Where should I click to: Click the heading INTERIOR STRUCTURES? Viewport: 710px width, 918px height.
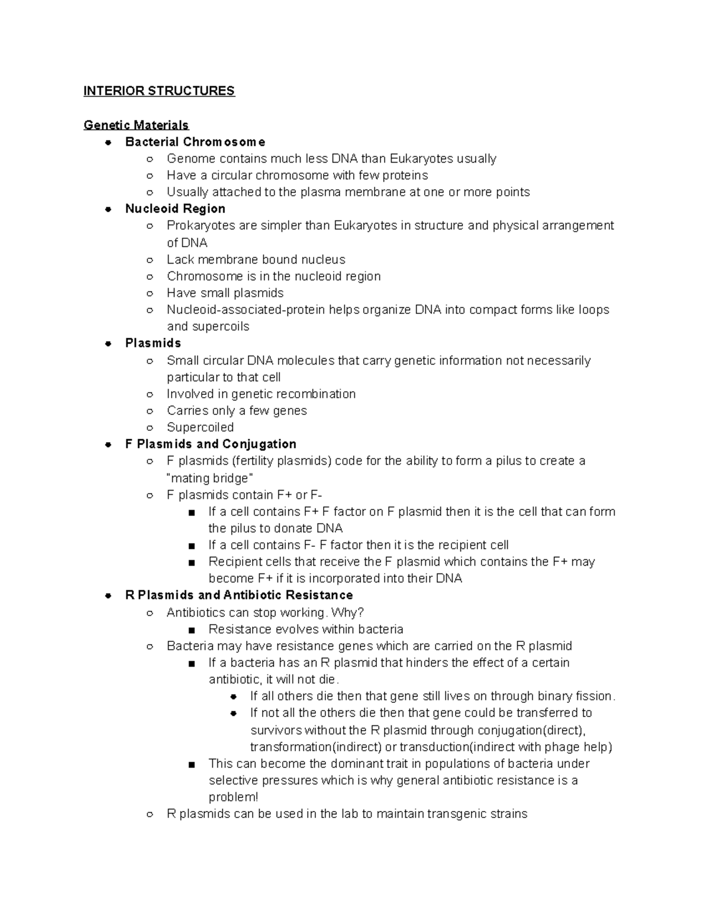(x=159, y=91)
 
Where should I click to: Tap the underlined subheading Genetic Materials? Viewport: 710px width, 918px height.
(x=136, y=125)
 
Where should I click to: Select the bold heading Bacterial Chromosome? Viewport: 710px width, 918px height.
(x=195, y=142)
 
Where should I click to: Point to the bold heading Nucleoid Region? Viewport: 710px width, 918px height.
(x=175, y=209)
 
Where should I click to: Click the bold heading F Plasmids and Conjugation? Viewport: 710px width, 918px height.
(x=211, y=444)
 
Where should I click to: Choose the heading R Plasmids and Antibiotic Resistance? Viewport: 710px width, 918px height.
(x=239, y=595)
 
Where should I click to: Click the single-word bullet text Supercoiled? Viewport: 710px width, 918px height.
(x=200, y=427)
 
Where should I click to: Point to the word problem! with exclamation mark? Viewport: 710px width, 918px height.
(x=233, y=797)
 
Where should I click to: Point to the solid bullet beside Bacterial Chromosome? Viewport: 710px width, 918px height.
(x=108, y=142)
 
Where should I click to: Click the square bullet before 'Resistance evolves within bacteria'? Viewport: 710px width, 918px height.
(x=191, y=630)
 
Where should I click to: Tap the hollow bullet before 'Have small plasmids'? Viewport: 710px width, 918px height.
(x=150, y=294)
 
